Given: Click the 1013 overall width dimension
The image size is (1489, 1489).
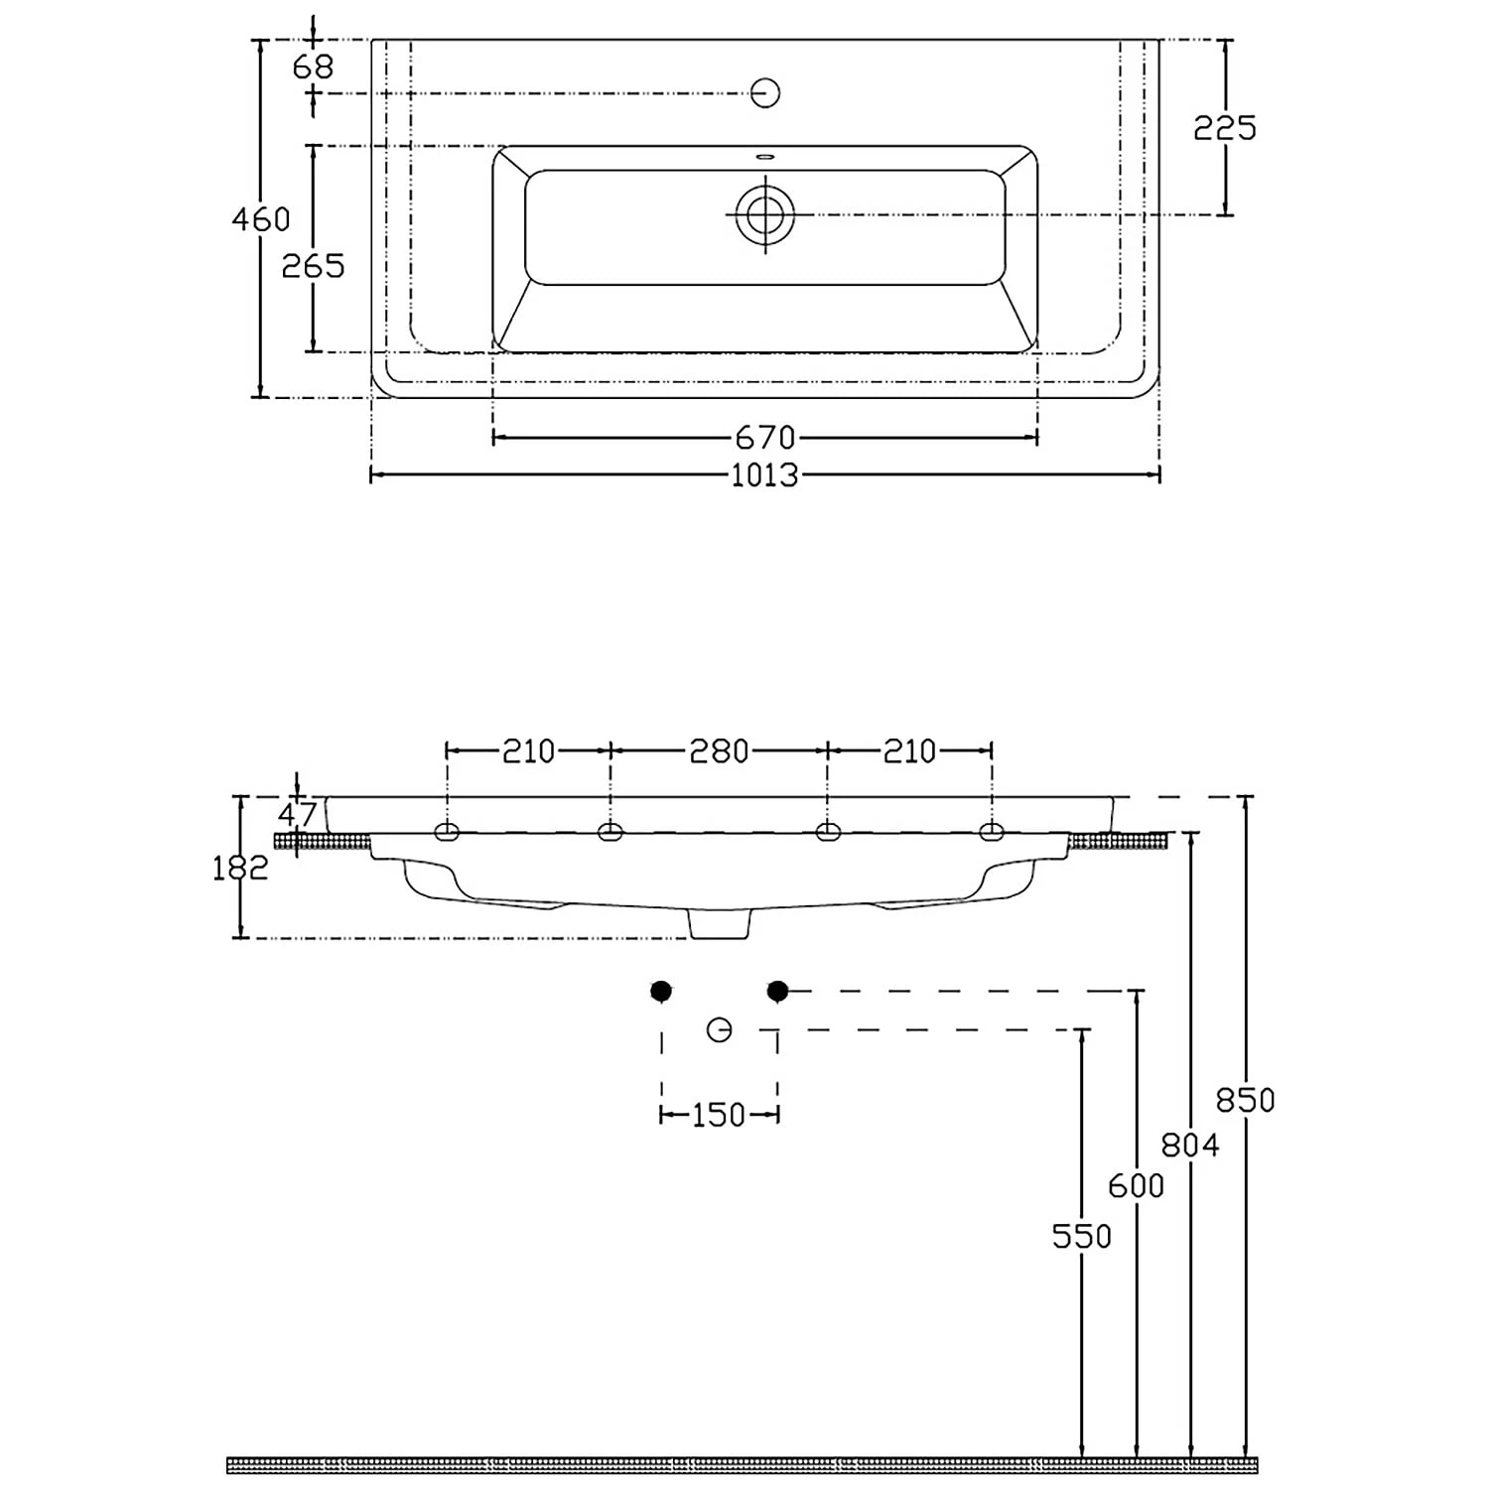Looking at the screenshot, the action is tap(764, 475).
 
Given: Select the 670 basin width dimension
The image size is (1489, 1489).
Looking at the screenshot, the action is tap(764, 437).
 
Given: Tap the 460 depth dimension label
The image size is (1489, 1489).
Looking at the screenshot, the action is tap(261, 218).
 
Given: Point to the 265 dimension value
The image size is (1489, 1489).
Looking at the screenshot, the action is tap(313, 265).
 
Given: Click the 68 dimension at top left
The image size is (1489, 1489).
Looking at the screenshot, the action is tap(314, 67).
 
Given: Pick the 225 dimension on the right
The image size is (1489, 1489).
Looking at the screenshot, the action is tap(1225, 127).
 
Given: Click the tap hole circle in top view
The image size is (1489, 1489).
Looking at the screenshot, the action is tap(765, 92).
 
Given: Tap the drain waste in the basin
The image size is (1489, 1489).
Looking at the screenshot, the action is tap(765, 214).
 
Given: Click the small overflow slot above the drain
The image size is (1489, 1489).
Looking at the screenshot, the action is tap(765, 156).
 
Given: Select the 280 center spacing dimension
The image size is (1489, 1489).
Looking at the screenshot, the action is tap(719, 750).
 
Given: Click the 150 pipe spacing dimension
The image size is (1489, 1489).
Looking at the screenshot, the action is tap(718, 1115).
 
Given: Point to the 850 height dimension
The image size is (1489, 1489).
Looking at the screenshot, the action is tap(1245, 1100).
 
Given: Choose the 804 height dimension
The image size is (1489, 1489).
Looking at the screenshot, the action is tap(1190, 1146).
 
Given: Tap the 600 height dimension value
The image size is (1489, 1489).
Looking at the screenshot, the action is tap(1136, 1185).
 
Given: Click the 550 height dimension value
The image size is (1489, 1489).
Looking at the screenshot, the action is tap(1082, 1236).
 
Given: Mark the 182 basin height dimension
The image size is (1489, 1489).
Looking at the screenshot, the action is tap(241, 868).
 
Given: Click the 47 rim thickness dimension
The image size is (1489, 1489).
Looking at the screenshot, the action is tap(297, 815).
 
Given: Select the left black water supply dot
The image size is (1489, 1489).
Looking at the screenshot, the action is tap(661, 991).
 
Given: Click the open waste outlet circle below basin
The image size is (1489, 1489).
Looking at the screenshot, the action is tap(720, 1029).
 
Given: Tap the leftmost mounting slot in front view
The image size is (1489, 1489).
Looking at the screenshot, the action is tap(447, 832).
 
